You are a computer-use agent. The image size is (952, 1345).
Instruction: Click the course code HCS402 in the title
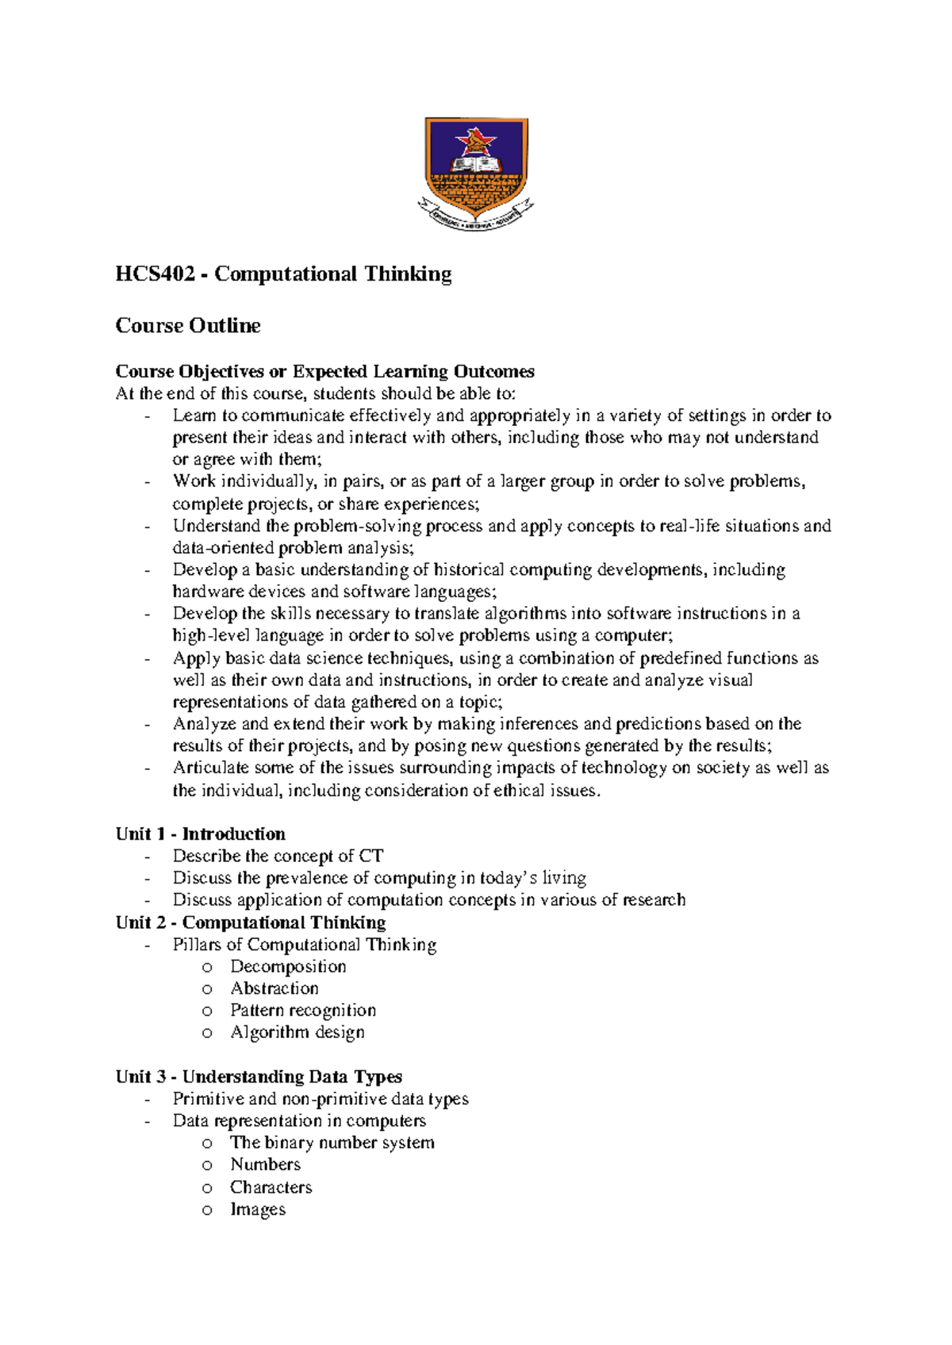coord(155,274)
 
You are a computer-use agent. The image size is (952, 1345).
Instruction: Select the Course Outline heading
coord(188,326)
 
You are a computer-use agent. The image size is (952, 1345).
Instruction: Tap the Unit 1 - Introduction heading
coord(200,834)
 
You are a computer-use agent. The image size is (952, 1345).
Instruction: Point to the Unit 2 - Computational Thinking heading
coord(251,922)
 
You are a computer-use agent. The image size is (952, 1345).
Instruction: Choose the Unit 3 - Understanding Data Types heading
coord(259,1076)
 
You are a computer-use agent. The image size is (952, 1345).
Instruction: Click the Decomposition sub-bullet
coord(288,967)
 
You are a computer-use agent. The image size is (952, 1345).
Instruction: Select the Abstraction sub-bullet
coord(274,989)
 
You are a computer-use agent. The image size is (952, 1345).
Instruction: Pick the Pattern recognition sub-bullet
coord(303,1010)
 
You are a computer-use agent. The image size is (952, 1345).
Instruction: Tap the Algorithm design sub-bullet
coord(297,1033)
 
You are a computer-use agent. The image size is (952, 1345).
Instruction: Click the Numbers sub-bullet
coord(266,1164)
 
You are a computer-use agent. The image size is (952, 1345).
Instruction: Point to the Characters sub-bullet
coord(271,1187)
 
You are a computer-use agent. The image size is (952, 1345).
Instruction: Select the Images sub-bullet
coord(258,1209)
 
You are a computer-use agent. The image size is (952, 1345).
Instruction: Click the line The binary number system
coord(332,1143)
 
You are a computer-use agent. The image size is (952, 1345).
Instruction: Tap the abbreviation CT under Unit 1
coord(371,856)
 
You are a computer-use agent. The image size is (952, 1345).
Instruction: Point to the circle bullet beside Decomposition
coord(207,968)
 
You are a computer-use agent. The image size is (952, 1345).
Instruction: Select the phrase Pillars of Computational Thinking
coord(305,945)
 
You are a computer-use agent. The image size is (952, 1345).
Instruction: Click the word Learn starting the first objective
coord(194,416)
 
